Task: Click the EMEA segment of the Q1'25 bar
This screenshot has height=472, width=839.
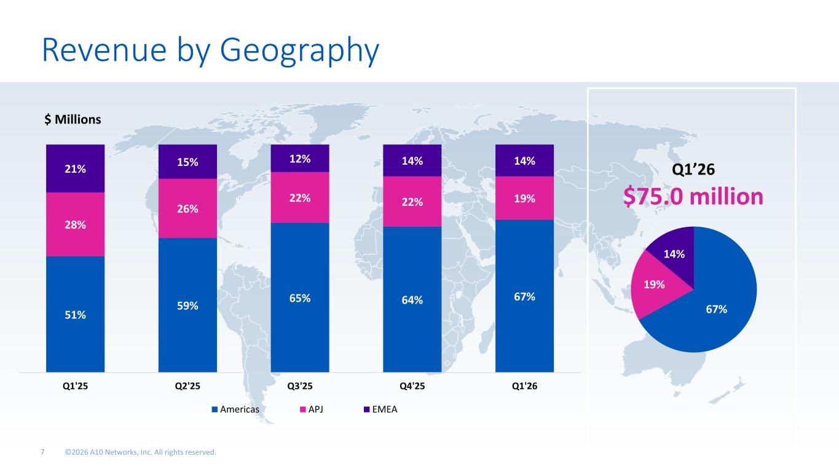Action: pyautogui.click(x=75, y=168)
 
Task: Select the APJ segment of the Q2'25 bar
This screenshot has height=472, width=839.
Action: pyautogui.click(x=187, y=208)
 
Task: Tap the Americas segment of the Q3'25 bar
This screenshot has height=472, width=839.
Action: pyautogui.click(x=300, y=298)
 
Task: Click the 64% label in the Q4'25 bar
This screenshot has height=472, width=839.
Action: pyautogui.click(x=412, y=300)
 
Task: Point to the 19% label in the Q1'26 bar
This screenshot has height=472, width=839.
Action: pyautogui.click(x=524, y=199)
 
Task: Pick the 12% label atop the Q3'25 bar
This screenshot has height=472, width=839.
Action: pyautogui.click(x=300, y=159)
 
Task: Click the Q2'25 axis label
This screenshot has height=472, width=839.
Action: pyautogui.click(x=187, y=386)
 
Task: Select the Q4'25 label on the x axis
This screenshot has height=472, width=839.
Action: pyautogui.click(x=412, y=386)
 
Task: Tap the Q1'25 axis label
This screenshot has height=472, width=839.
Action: pyautogui.click(x=75, y=386)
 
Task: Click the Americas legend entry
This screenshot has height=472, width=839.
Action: pyautogui.click(x=235, y=409)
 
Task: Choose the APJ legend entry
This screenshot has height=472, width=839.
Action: pyautogui.click(x=312, y=409)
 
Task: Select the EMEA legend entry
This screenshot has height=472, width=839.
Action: pyautogui.click(x=380, y=409)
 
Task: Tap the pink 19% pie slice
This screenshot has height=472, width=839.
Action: pyautogui.click(x=653, y=285)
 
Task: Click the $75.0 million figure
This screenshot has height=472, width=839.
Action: pyautogui.click(x=693, y=197)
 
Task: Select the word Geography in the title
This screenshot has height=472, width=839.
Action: pyautogui.click(x=299, y=50)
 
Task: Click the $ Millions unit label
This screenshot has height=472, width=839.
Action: pyautogui.click(x=73, y=119)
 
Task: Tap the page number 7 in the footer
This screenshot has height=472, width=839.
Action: pyautogui.click(x=42, y=452)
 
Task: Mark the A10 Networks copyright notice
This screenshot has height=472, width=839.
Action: pyautogui.click(x=141, y=452)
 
